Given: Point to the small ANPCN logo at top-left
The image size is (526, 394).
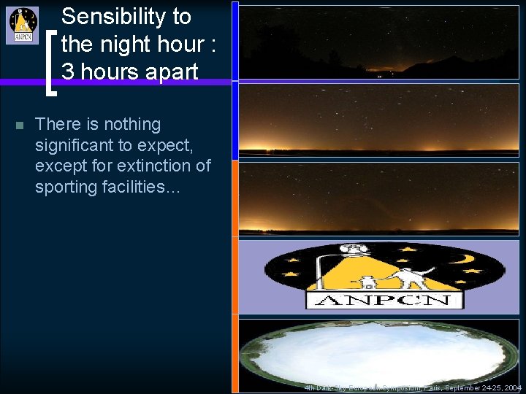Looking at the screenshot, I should [x=23, y=25].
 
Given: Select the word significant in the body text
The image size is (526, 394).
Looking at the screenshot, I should [x=76, y=145].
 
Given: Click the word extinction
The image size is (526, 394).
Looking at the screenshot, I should [x=157, y=166].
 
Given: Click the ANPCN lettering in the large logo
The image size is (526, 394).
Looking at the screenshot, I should [x=384, y=300].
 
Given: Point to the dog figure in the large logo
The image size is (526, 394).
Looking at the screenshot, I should [x=364, y=280].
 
